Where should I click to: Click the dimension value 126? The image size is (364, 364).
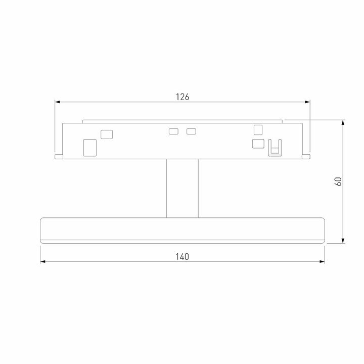point(183,97)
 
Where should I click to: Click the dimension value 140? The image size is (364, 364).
point(183,256)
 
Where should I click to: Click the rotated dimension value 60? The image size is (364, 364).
point(339,181)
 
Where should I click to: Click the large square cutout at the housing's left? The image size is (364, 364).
point(89,147)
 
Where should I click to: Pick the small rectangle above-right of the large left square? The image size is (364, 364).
point(107,134)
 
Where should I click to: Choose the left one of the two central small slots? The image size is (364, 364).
point(173,131)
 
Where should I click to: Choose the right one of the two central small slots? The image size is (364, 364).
point(191,131)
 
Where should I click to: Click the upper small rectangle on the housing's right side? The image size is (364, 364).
point(258,129)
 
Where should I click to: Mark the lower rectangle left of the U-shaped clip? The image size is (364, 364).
point(258,144)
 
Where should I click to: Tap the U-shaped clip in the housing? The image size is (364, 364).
point(275,147)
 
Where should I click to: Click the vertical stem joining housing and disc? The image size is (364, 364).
point(182,188)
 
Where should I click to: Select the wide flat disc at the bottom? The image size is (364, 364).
point(182,230)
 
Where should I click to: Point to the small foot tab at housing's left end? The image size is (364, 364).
point(59,157)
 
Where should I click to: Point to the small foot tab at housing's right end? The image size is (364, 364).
point(306,157)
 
